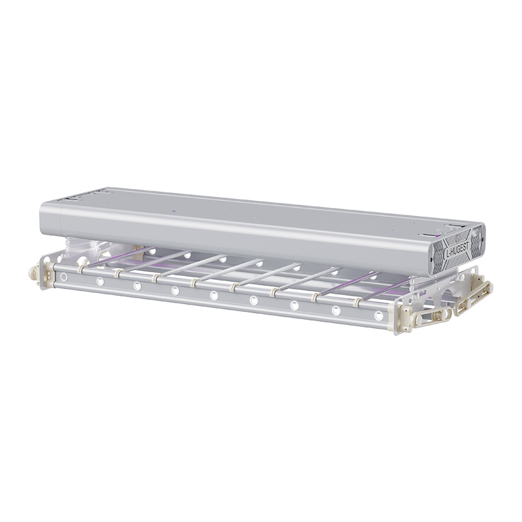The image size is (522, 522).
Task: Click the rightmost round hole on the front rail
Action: tap(378, 315)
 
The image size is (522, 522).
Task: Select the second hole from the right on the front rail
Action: tap(336, 311)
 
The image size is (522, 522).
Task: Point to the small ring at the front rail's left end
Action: tap(63, 276)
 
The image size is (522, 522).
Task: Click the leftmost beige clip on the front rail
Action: tap(80, 269)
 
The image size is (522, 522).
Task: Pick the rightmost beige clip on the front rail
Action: tap(358, 302)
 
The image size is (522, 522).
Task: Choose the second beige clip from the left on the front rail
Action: tap(117, 273)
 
